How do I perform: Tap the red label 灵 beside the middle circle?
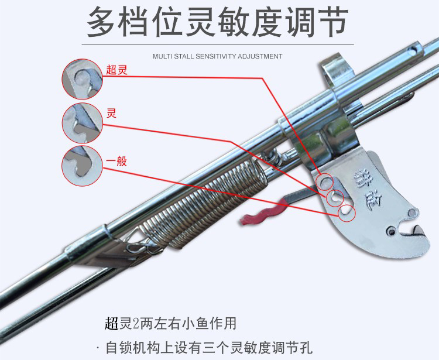(x=111, y=112)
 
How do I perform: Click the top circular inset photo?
(x=83, y=79)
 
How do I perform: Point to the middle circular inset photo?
(x=83, y=123)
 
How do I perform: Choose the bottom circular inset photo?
(x=83, y=166)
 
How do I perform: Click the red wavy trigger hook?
(x=263, y=211)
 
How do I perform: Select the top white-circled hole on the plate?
(x=324, y=183)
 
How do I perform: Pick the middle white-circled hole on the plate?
(x=335, y=197)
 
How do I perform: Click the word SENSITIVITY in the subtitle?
(x=213, y=57)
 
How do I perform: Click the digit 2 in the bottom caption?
(x=135, y=323)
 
